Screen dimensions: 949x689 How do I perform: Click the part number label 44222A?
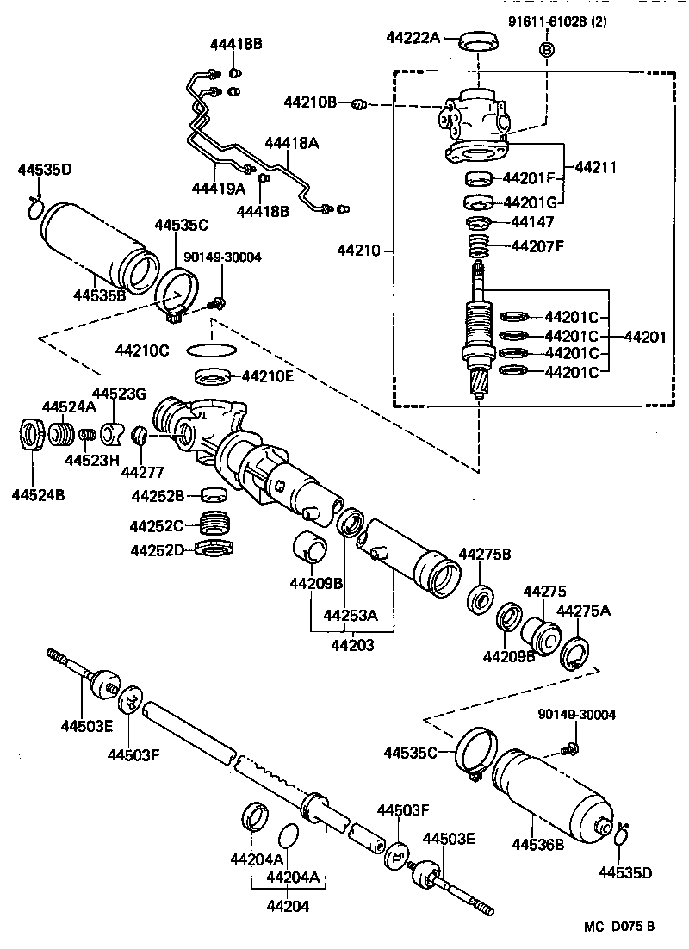[x=413, y=37]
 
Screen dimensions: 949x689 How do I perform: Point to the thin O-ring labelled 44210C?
[x=211, y=350]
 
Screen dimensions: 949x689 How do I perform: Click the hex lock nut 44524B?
[x=32, y=433]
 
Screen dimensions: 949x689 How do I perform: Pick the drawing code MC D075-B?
[x=619, y=927]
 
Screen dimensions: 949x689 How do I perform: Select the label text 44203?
[x=352, y=643]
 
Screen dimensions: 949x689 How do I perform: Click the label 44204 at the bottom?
[x=288, y=905]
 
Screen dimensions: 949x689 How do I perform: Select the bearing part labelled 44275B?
[x=479, y=599]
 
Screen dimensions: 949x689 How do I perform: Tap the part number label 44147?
[x=532, y=221]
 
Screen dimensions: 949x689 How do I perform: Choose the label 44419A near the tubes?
[x=219, y=187]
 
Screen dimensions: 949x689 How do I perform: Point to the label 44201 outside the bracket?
[x=645, y=337]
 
